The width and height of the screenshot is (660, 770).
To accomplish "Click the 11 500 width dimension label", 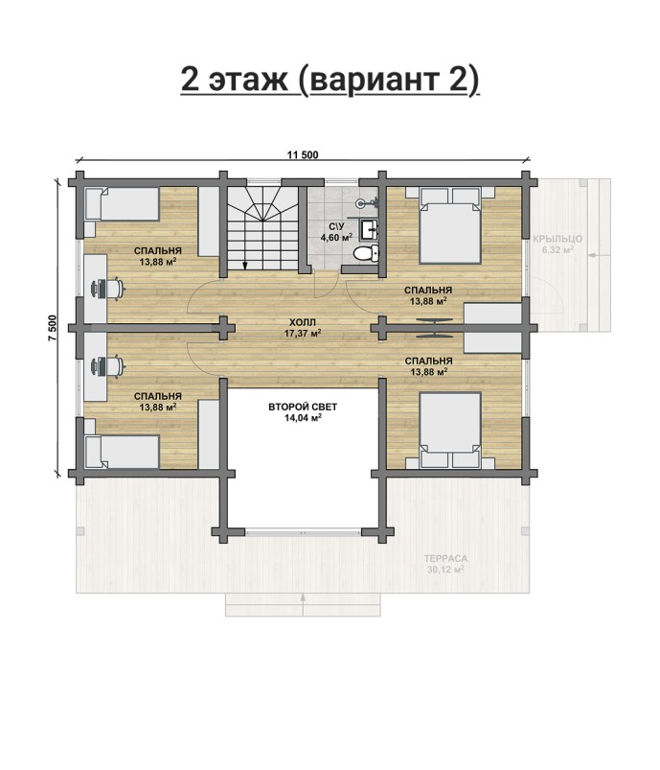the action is pos(303,155).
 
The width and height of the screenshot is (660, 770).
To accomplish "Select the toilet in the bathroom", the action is pos(367,253).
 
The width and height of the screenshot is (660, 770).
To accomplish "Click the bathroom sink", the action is pos(370,229).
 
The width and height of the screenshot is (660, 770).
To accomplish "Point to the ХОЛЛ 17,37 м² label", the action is pos(303,328).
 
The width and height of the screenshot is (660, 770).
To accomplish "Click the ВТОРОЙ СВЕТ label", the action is pos(303,407).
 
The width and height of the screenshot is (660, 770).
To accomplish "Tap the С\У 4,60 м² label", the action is pos(336,232).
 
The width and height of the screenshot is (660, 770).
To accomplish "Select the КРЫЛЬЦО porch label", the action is pos(558,239).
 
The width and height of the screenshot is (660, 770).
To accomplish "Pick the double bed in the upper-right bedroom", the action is pos(449,226).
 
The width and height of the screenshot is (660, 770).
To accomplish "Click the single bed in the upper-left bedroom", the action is pos(123,203).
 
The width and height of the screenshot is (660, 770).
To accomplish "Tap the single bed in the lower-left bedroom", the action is pos(123,452).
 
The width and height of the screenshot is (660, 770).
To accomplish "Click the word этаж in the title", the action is pos(248,80).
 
